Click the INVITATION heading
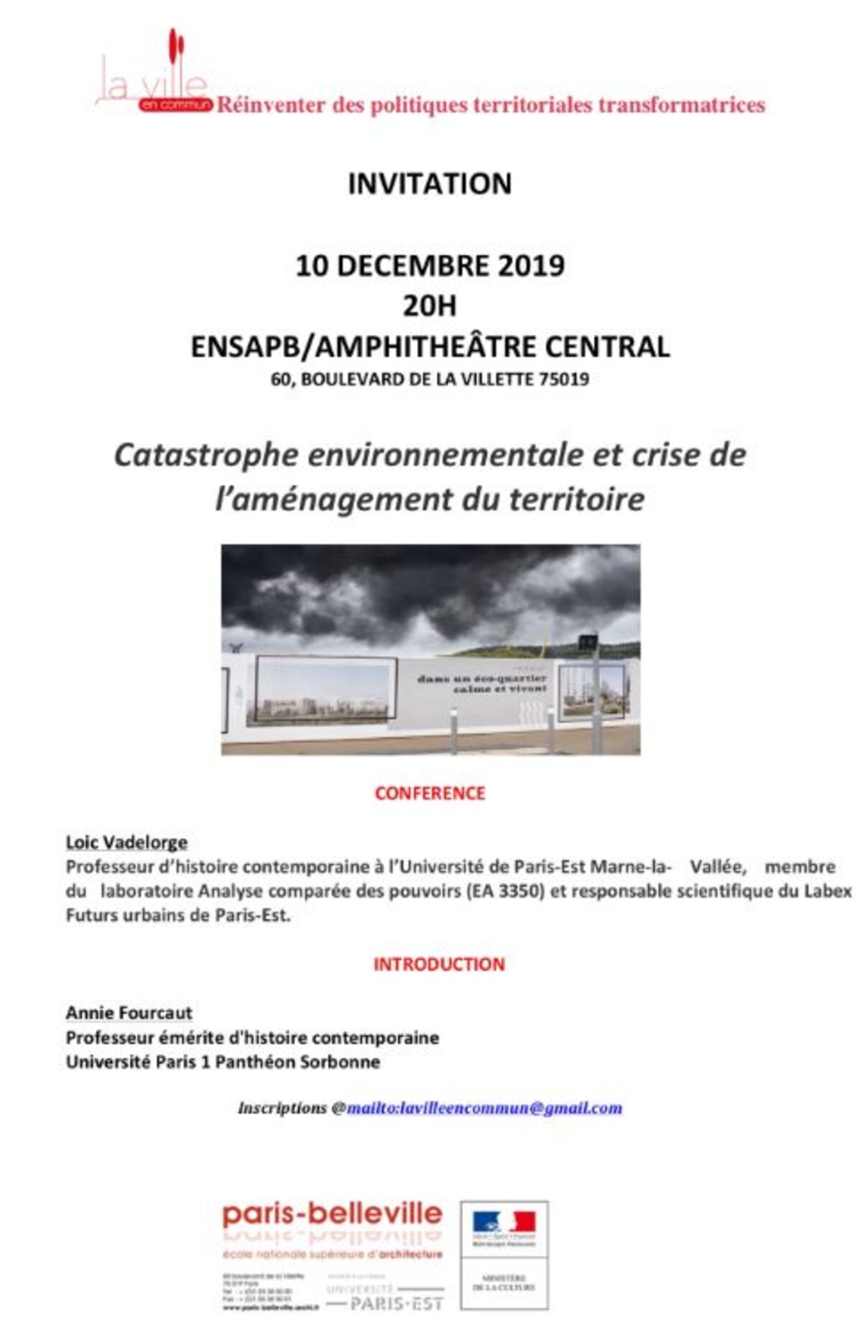(430, 184)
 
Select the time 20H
(430, 306)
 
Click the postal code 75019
(564, 379)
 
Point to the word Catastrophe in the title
(206, 455)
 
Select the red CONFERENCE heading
(430, 793)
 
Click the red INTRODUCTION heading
(438, 964)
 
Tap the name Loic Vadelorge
(126, 842)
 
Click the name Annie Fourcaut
(129, 1013)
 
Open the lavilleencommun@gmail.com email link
(484, 1108)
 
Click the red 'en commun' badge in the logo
(175, 105)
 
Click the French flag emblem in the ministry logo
(504, 1221)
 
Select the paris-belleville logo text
(333, 1214)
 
